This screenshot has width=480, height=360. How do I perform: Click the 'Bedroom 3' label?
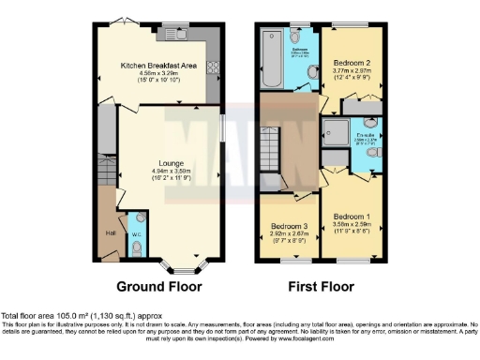[x=290, y=227]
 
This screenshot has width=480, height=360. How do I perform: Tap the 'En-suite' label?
[x=367, y=136]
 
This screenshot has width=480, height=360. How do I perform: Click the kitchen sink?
[x=172, y=29]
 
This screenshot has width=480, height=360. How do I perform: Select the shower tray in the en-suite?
[x=335, y=131]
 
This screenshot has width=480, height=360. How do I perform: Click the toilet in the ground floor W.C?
[x=137, y=247]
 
